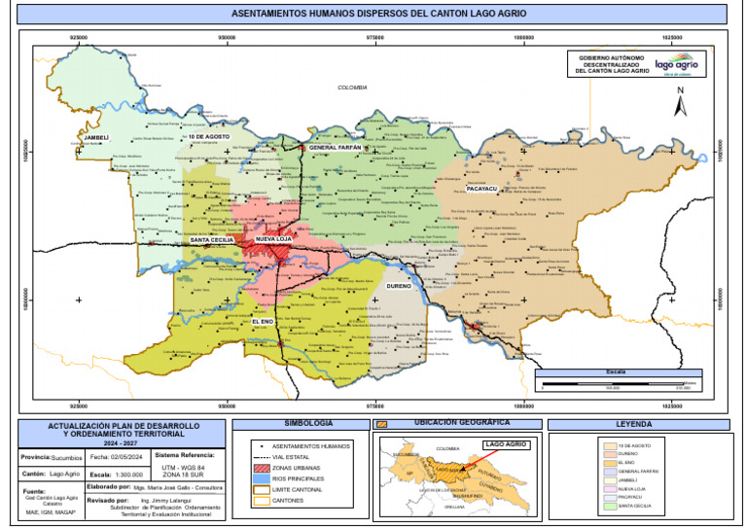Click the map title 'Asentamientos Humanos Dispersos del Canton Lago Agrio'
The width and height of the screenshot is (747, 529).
373,15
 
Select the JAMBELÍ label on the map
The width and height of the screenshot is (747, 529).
96,138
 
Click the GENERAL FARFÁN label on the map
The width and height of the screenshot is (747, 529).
335,147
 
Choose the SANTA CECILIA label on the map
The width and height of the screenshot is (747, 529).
211,238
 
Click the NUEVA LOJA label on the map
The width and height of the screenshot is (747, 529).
275,238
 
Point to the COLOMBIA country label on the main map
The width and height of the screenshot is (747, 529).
352,88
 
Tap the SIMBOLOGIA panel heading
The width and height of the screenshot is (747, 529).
308,424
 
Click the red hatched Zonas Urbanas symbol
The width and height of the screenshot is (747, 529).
260,468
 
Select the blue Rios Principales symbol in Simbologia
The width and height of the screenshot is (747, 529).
260,479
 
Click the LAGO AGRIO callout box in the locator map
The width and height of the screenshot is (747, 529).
504,444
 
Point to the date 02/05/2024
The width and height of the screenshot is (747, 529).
118,457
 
